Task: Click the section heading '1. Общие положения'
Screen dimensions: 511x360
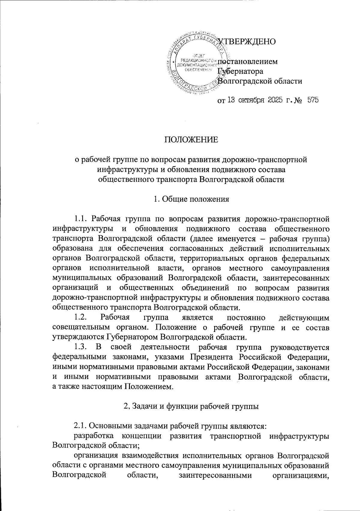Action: point(191,199)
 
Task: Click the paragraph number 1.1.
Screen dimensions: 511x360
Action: point(82,217)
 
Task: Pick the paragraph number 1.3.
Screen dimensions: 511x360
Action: point(82,347)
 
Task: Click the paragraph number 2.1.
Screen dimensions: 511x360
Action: point(81,426)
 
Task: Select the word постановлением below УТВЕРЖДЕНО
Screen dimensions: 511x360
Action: point(247,62)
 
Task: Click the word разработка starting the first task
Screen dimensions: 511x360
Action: point(94,436)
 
